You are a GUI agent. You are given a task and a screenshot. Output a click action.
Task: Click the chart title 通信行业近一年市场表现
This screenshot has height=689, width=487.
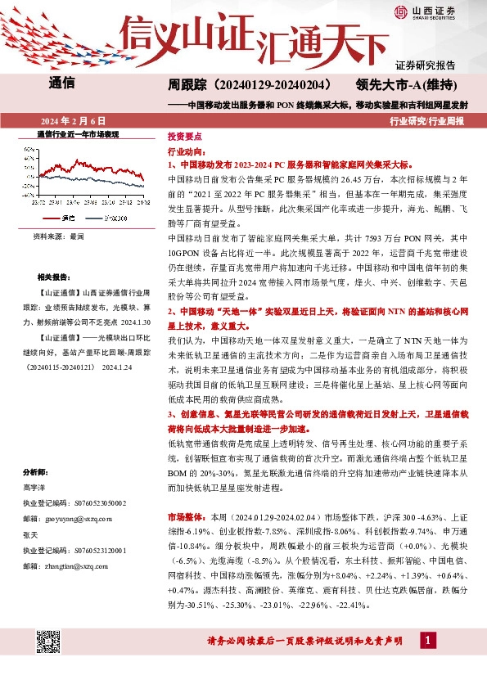click(x=79, y=133)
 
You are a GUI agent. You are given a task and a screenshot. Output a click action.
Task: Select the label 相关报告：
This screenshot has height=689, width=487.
click(x=55, y=278)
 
